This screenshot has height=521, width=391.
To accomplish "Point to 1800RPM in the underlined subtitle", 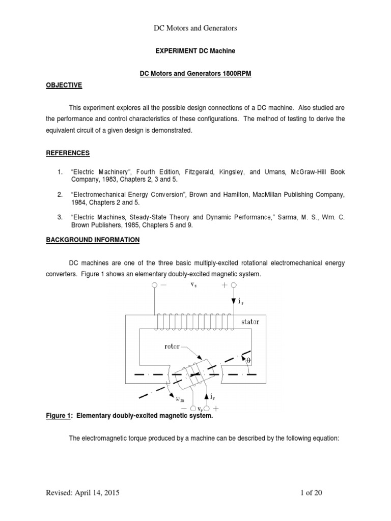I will [235, 74].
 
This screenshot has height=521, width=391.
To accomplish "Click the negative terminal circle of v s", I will [154, 285].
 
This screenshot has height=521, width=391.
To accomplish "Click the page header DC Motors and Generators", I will [195, 28].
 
